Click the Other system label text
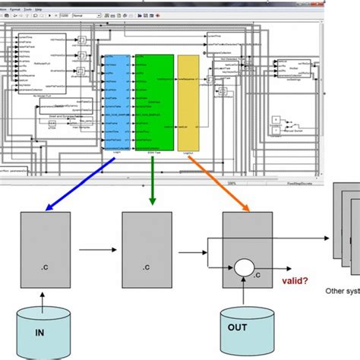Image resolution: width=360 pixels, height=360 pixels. pos(335,289)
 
